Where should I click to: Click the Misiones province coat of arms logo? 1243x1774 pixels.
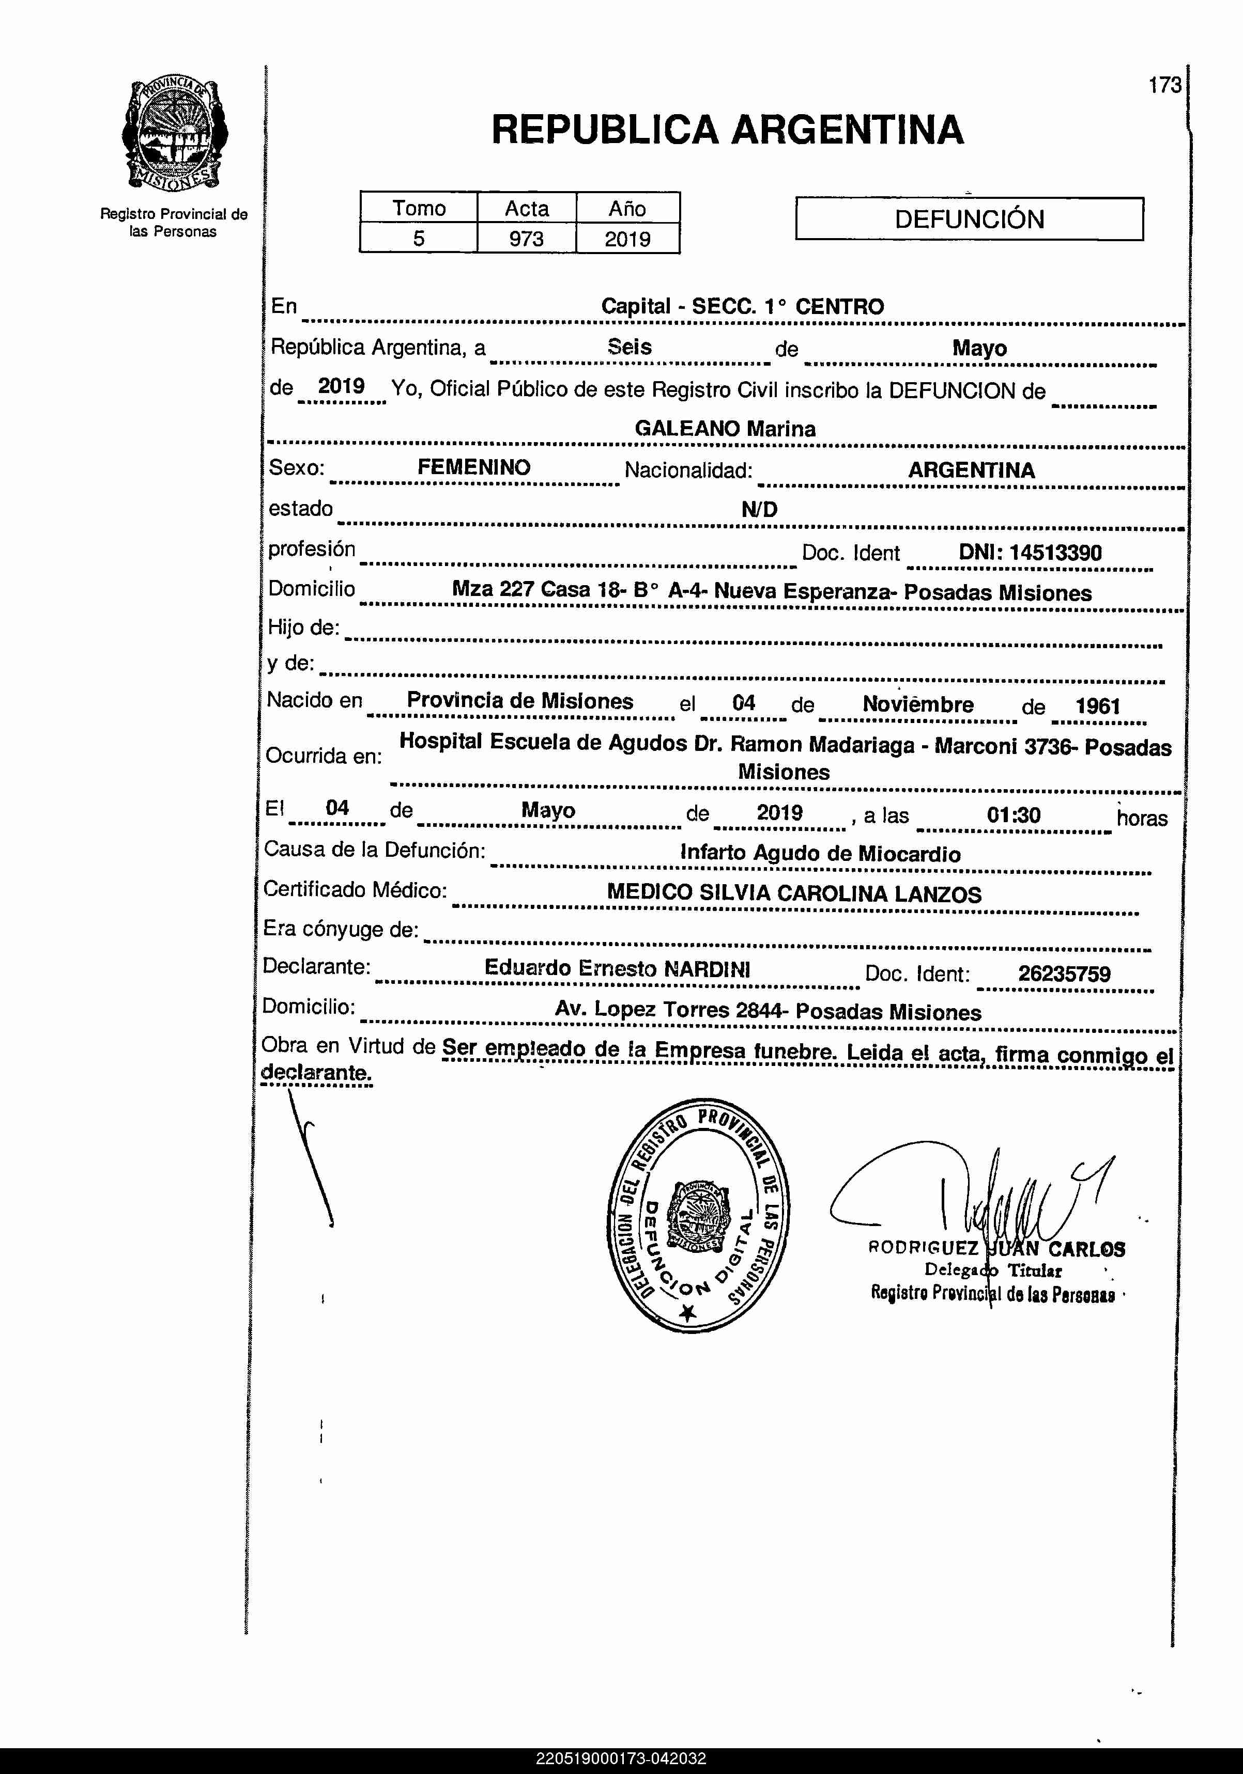point(174,135)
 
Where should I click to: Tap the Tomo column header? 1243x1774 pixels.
point(418,208)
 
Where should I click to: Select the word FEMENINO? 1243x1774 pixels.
point(474,467)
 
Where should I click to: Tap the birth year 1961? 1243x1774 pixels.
point(1098,705)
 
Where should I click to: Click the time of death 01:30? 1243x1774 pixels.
point(1014,815)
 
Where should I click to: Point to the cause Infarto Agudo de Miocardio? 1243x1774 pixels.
point(820,854)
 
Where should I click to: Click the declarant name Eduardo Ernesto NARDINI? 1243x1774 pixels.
point(617,969)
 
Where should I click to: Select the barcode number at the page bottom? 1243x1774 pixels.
point(621,1759)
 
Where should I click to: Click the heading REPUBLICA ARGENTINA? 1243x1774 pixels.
point(727,130)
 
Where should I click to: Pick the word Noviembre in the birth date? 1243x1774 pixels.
point(917,704)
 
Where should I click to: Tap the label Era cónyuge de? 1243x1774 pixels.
point(340,929)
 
